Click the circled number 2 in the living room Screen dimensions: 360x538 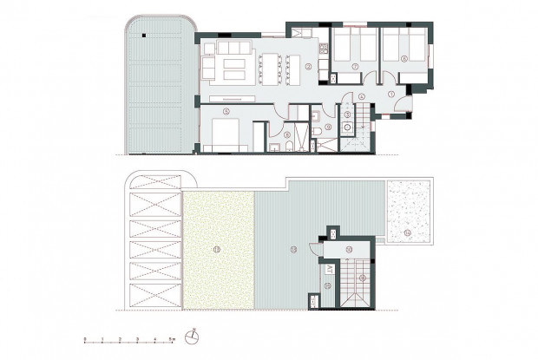(x=309, y=66)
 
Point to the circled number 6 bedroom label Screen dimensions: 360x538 (x=405, y=58)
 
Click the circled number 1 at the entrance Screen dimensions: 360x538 (x=391, y=93)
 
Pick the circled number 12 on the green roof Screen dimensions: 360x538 (x=218, y=250)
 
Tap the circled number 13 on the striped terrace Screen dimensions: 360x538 (x=292, y=250)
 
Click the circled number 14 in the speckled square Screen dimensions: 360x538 (x=408, y=232)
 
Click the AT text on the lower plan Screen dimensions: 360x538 (x=328, y=266)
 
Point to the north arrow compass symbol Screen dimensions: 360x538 (x=196, y=336)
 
